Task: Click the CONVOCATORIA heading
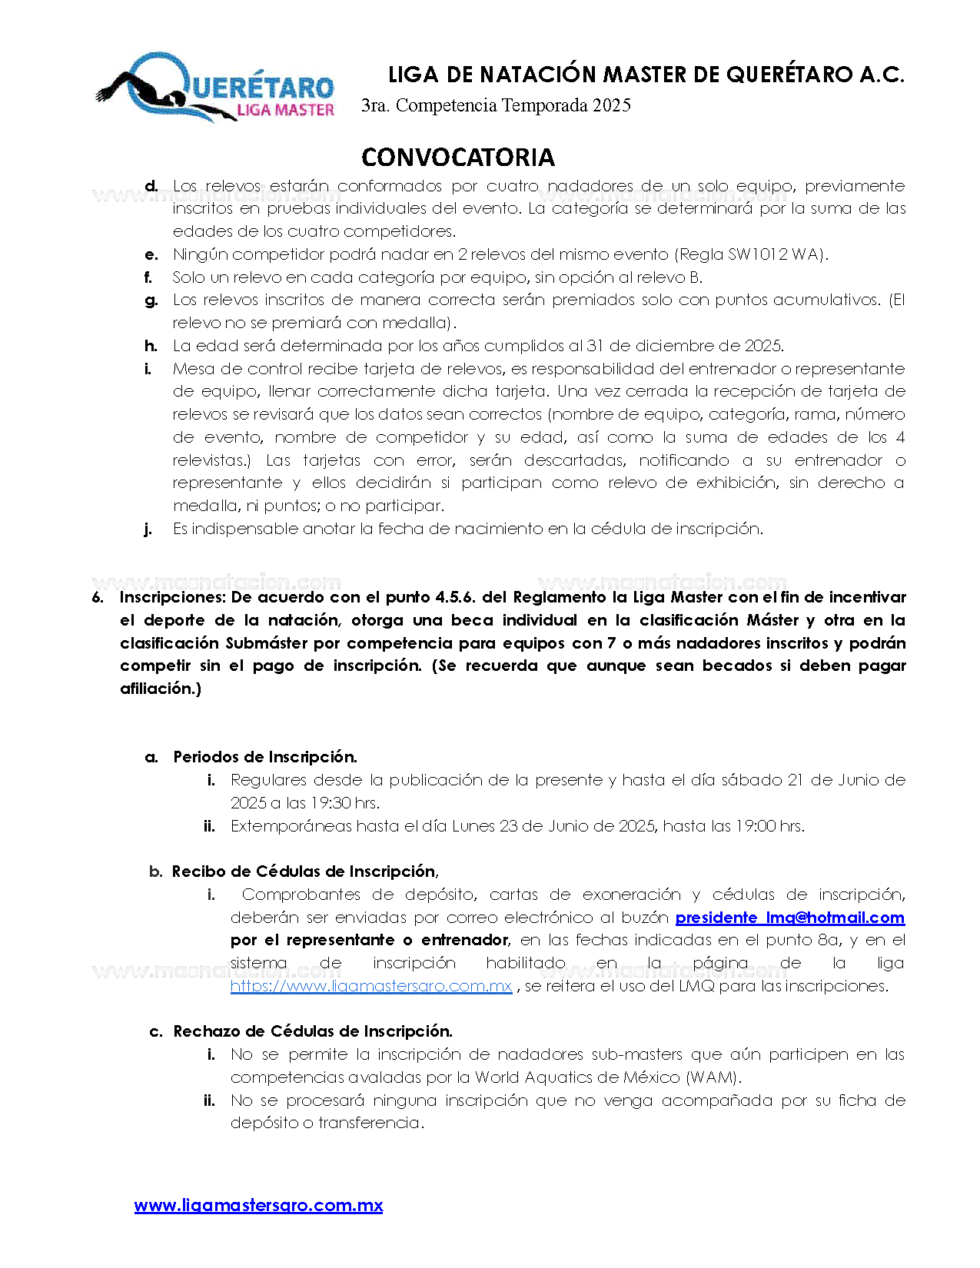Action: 457,158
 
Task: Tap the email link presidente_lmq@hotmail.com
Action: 789,918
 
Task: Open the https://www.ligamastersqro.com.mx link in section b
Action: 371,986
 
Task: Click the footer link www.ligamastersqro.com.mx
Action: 258,1206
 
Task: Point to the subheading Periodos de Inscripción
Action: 265,757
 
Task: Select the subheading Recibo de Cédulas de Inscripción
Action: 304,871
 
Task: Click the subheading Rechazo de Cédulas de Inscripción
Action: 313,1031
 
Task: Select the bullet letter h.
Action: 151,346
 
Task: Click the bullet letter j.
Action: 148,529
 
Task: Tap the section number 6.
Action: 97,598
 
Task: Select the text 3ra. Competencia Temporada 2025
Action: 496,105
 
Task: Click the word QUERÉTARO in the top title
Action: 789,75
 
